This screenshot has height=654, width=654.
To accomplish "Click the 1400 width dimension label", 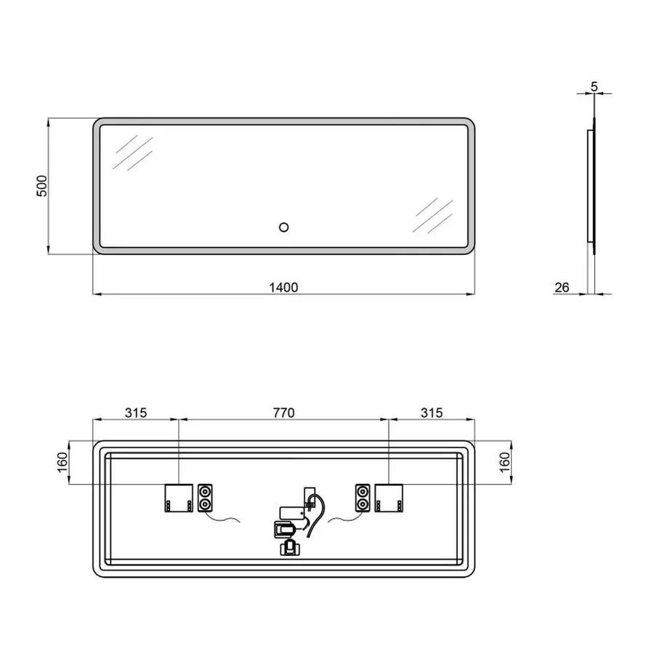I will (283, 286).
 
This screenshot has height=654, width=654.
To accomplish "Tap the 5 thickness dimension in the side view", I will (594, 86).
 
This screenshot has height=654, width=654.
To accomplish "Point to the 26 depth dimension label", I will (562, 287).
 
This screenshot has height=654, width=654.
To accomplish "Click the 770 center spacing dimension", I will (283, 413).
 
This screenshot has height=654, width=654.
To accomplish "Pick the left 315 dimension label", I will (136, 413).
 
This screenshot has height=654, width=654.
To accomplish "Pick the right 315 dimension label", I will (432, 413).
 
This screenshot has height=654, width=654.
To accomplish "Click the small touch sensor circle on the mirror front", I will (283, 227).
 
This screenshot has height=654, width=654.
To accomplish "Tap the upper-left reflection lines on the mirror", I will (132, 153).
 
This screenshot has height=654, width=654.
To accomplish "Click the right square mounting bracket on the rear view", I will (388, 498).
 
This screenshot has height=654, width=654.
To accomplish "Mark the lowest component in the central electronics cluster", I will (288, 546).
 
